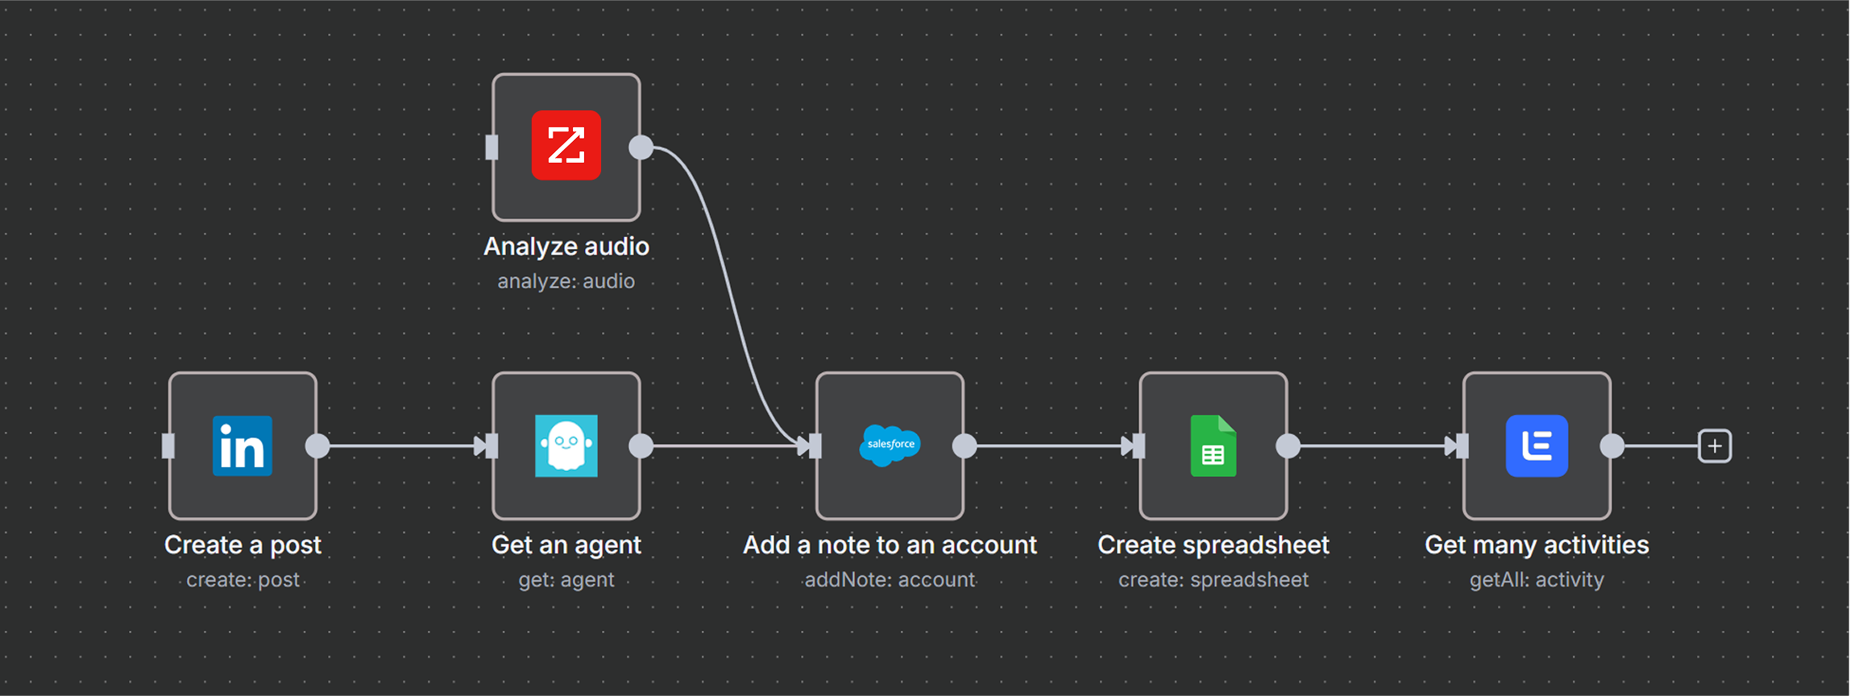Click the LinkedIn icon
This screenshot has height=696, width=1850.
click(x=243, y=445)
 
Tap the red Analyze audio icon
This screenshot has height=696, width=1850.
click(x=566, y=146)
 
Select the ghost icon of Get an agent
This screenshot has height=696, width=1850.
click(x=566, y=445)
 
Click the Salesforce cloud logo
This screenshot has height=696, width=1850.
click(x=890, y=445)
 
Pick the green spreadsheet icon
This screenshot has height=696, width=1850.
click(x=1213, y=445)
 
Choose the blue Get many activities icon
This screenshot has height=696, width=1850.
click(x=1537, y=445)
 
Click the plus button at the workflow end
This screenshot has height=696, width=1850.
click(x=1715, y=445)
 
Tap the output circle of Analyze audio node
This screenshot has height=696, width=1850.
click(x=641, y=147)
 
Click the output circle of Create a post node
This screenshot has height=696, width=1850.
click(x=317, y=445)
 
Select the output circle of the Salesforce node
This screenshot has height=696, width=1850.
click(x=964, y=445)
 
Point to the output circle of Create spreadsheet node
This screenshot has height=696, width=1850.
click(x=1288, y=445)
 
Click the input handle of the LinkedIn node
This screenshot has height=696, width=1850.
click(x=168, y=445)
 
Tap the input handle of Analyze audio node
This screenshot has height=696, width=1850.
click(x=492, y=147)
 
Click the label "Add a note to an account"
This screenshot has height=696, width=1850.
click(x=890, y=545)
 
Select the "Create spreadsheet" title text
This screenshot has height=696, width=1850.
click(x=1213, y=545)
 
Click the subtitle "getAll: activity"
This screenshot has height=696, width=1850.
click(x=1537, y=580)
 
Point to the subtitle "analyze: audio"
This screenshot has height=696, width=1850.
click(x=566, y=281)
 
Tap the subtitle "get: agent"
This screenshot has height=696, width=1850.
click(x=566, y=580)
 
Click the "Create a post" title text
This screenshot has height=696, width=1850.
click(x=243, y=545)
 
